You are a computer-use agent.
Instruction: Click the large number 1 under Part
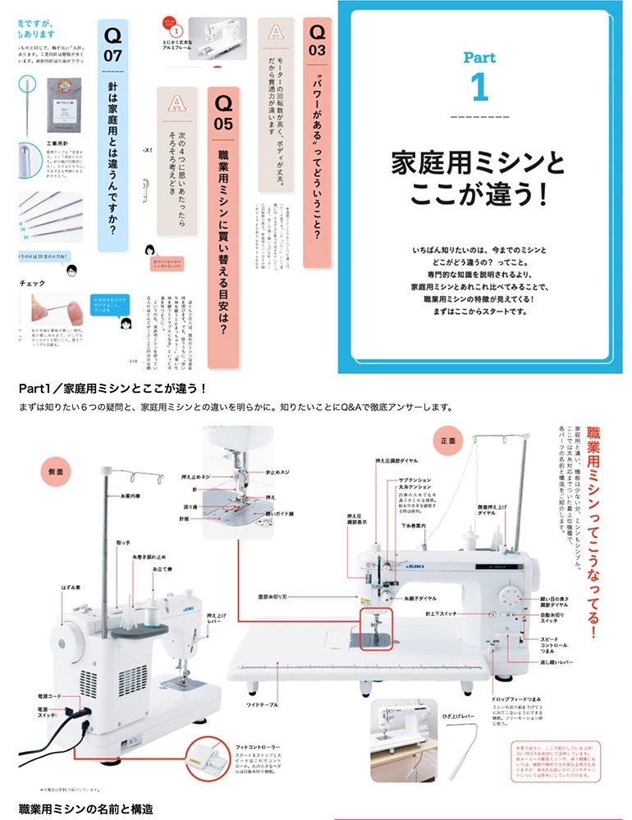[x=479, y=88]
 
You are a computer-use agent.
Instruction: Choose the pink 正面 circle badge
[x=448, y=440]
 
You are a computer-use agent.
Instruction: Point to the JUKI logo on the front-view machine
[x=409, y=565]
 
